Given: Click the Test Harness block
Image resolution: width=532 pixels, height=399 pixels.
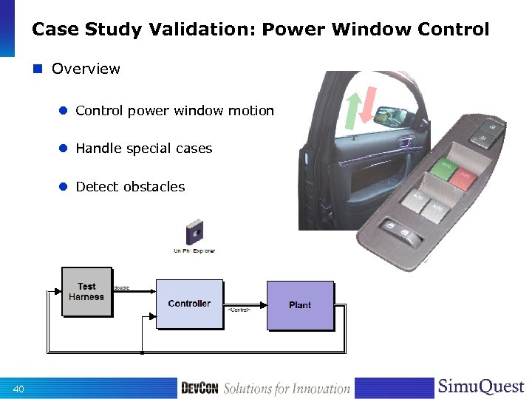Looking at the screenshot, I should pyautogui.click(x=86, y=292).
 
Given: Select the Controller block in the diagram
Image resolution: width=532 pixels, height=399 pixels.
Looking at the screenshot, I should pyautogui.click(x=189, y=304).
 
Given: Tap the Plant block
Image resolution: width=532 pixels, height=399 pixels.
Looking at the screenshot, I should pyautogui.click(x=300, y=305).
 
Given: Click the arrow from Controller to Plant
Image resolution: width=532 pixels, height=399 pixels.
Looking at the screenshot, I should pyautogui.click(x=245, y=304).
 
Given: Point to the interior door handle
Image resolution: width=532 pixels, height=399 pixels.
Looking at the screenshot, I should pyautogui.click(x=405, y=141).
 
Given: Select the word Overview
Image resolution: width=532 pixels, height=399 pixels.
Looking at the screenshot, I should pyautogui.click(x=86, y=69).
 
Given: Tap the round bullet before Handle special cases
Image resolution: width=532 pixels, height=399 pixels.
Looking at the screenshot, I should pyautogui.click(x=64, y=149).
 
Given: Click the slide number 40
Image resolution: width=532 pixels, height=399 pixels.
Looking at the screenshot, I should pyautogui.click(x=18, y=389).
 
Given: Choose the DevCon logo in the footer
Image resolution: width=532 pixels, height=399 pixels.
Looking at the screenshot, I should pyautogui.click(x=199, y=388).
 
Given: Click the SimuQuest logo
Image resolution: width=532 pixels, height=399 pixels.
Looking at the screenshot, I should pyautogui.click(x=480, y=386).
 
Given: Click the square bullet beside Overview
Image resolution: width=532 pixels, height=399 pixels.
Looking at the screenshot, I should pyautogui.click(x=38, y=69).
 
